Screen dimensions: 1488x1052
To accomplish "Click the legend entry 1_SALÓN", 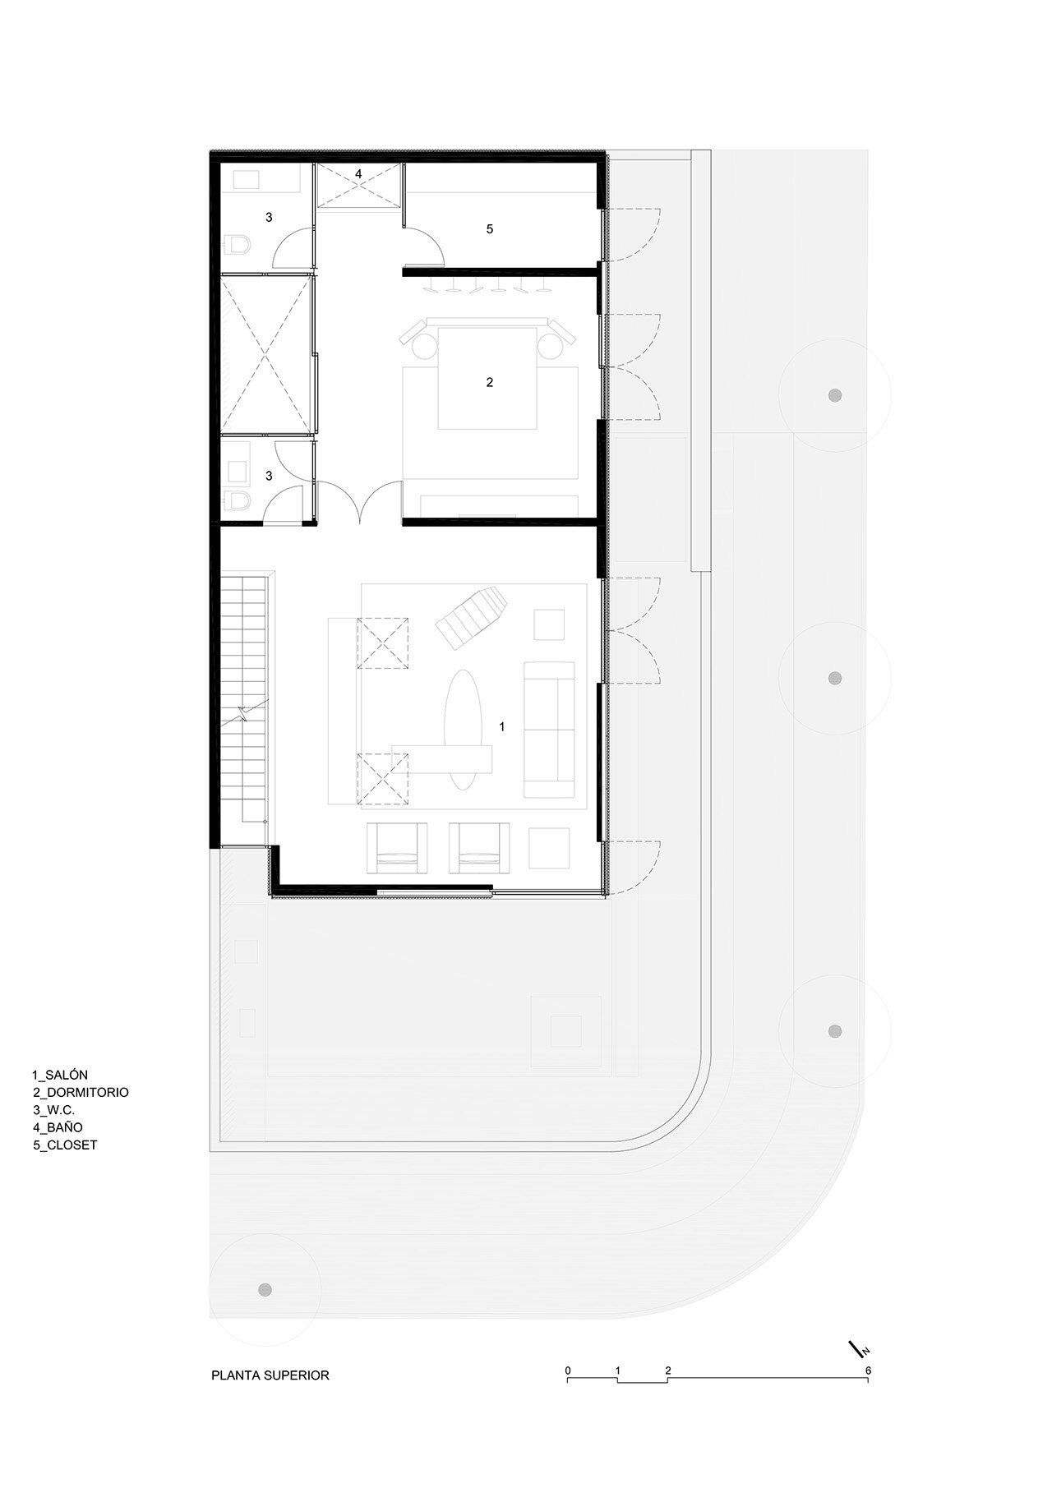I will pos(60,1075).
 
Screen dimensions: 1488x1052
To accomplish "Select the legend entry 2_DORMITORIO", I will pos(81,1093).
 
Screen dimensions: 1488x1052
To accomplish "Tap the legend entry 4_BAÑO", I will pos(58,1127).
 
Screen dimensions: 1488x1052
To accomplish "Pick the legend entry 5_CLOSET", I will pos(65,1145).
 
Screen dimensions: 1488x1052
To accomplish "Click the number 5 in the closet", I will pos(490,229).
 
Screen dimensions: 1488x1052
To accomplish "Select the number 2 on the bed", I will pos(490,382).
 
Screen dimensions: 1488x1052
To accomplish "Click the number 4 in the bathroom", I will pos(358,174).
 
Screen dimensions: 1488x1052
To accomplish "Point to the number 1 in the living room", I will pos(502,726).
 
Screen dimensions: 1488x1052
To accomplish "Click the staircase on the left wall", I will pos(245,698).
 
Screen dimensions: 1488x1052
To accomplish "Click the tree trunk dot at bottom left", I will pos(264,1288).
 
